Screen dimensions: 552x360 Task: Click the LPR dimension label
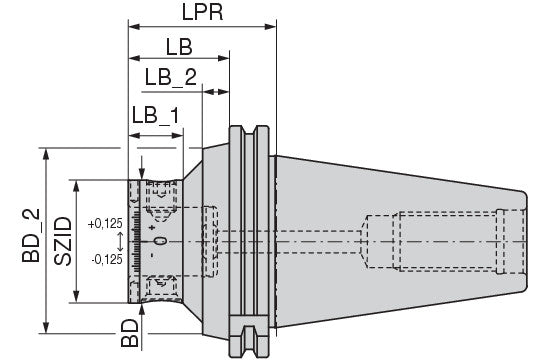coord(202,12)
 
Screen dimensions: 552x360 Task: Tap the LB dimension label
coord(179,47)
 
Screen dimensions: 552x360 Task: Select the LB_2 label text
coord(171,77)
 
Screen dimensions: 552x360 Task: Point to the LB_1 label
coord(155,115)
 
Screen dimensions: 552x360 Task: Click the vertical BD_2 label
coord(31,235)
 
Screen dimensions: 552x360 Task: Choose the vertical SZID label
coord(63,241)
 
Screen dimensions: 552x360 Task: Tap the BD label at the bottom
coord(130,333)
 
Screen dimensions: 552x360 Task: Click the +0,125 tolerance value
coord(105,223)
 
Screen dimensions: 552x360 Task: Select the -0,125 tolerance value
coord(107,259)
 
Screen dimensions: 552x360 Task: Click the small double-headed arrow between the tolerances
coord(120,241)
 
